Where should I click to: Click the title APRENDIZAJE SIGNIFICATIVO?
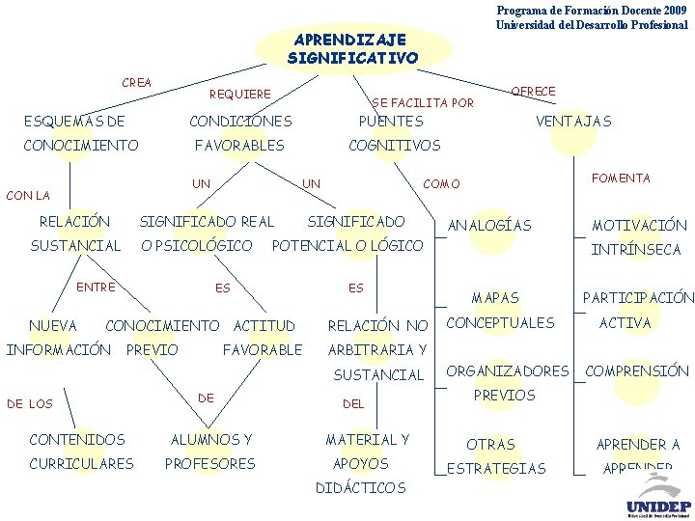pos(352,49)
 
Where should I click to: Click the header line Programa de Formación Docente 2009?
pos(592,10)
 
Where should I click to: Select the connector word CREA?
pos(136,83)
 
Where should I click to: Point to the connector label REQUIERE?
pos(240,95)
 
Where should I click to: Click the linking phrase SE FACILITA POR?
pos(423,102)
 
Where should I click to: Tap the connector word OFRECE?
pos(533,92)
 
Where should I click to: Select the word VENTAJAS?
pos(574,122)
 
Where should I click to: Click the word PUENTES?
pos(391,122)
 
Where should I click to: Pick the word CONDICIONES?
pos(240,122)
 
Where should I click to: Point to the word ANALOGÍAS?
pos(489,226)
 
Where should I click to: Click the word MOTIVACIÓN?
pos(639,226)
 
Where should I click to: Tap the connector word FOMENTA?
pos(621,178)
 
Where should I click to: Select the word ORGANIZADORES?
pos(508,371)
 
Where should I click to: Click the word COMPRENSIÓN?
pos(637,371)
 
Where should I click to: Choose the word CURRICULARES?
pos(82,464)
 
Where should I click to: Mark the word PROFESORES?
pos(210,464)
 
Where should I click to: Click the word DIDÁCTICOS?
pos(361,488)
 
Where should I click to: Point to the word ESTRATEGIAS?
pos(496,469)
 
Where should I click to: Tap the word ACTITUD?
pos(264,325)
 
